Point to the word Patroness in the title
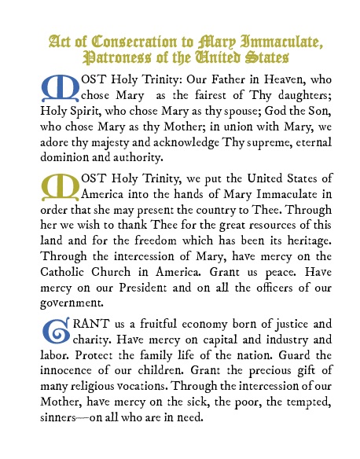coord(119,57)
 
